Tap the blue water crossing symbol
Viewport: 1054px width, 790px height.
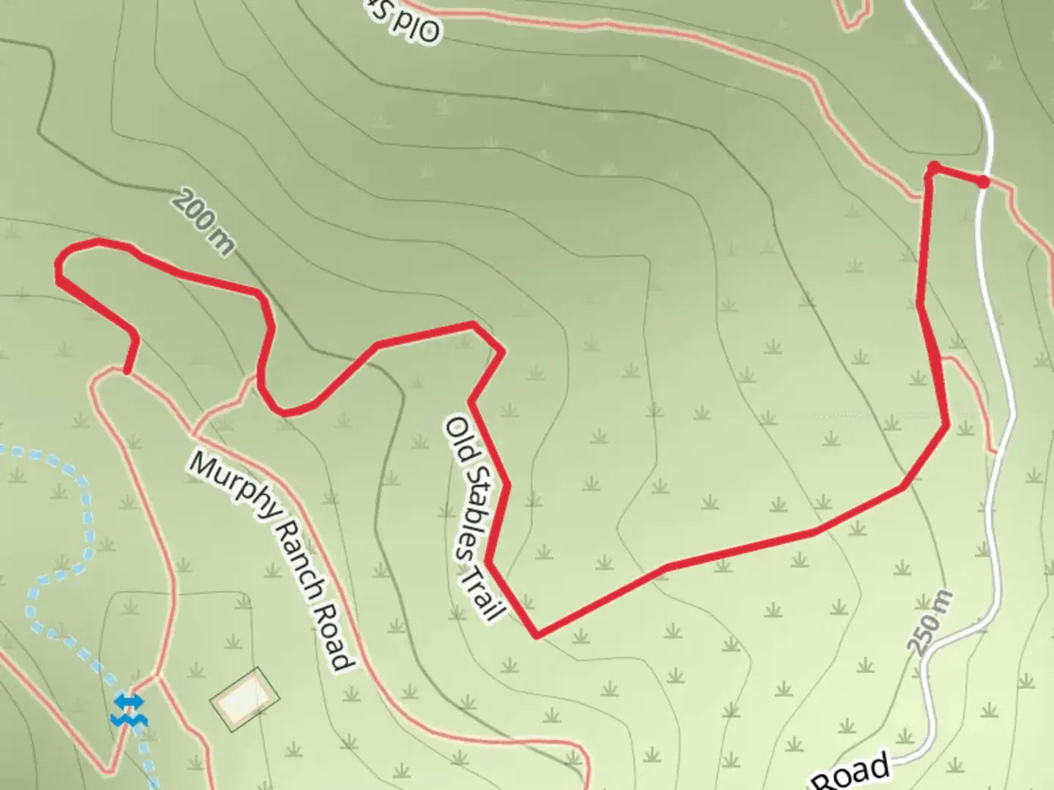(129, 710)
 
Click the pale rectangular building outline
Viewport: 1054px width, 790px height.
(244, 698)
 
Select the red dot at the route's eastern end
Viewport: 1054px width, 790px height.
(983, 181)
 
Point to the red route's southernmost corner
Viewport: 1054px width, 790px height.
(537, 635)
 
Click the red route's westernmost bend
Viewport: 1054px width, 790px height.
(59, 275)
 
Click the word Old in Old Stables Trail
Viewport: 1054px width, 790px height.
(457, 436)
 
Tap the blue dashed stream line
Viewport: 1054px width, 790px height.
(81, 527)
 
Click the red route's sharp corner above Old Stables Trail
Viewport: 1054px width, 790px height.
(502, 353)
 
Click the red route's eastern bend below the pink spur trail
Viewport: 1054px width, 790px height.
(948, 424)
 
